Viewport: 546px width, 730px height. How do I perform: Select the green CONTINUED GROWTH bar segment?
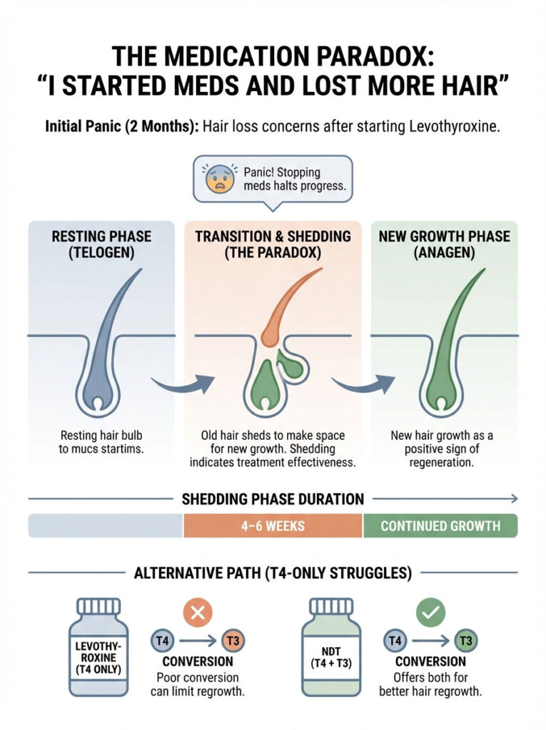[440, 526]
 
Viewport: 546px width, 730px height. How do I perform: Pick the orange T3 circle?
[233, 640]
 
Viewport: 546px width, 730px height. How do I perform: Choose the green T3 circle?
[465, 640]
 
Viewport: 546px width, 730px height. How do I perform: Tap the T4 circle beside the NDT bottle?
[395, 640]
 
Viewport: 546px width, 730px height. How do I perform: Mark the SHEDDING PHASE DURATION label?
[272, 499]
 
